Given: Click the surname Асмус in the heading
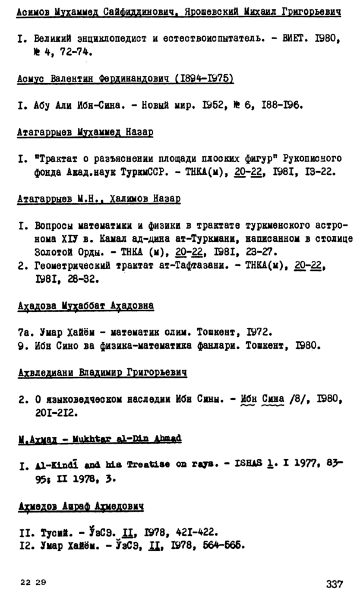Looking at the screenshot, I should [x=31, y=79].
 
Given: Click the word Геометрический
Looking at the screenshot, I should [x=71, y=266].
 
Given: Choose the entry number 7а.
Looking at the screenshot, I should [x=23, y=331].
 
